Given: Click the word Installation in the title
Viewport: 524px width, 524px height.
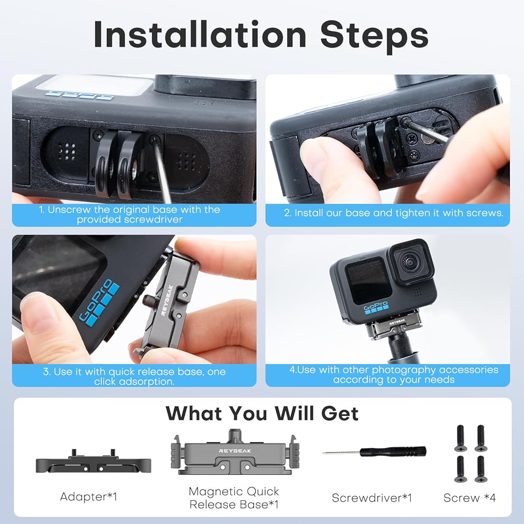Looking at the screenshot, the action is [x=200, y=34].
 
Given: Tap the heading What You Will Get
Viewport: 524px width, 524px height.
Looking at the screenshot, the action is [x=262, y=413].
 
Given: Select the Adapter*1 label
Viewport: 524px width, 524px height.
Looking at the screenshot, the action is [x=89, y=497].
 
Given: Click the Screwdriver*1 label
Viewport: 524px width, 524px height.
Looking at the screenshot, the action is [x=372, y=498].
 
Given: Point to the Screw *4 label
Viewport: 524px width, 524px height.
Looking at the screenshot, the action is [x=470, y=498].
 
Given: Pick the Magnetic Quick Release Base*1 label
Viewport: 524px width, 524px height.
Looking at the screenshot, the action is [x=234, y=498].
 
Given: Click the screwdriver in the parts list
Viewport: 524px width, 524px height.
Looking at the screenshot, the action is [x=374, y=452].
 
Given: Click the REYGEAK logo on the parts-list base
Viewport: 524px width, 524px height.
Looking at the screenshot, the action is [x=235, y=451].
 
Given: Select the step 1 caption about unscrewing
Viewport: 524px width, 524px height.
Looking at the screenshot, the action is [x=129, y=214].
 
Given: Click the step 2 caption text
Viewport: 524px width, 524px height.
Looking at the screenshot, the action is [x=394, y=213].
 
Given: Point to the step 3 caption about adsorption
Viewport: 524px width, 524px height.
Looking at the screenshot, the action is [x=134, y=376].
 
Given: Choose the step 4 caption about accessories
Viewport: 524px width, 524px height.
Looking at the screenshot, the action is [x=394, y=375].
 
